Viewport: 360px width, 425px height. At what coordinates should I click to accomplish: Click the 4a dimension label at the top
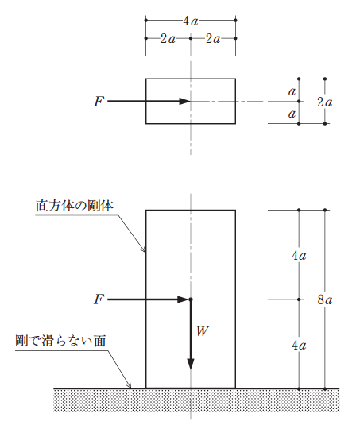point(191,21)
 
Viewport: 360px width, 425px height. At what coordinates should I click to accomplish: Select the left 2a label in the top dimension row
point(168,39)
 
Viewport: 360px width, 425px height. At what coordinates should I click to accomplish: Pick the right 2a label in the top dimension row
point(213,39)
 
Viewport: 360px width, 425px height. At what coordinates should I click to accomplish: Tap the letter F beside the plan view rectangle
point(99,102)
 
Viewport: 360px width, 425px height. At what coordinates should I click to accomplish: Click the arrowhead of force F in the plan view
point(185,102)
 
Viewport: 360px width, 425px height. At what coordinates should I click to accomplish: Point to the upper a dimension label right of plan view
point(292,91)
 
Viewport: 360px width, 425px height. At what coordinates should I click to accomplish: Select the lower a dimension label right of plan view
point(292,114)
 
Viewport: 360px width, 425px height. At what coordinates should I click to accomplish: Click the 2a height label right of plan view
point(325,102)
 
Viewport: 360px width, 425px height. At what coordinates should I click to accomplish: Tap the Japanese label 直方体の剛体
point(75,206)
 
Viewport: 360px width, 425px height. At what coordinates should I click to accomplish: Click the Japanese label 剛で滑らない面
point(60,341)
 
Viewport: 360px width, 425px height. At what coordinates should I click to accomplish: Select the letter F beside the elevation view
point(99,299)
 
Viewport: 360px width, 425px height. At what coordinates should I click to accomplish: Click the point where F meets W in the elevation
point(191,299)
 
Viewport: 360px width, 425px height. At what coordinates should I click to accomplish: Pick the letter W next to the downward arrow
point(203,331)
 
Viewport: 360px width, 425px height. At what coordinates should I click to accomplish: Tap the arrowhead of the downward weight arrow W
point(191,364)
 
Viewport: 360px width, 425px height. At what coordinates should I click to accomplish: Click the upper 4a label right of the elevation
point(299,256)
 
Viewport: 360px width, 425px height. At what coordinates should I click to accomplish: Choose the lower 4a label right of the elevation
point(299,346)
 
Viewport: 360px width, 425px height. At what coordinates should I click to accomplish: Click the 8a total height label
point(325,300)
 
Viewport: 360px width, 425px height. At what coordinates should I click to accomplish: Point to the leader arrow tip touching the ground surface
point(131,388)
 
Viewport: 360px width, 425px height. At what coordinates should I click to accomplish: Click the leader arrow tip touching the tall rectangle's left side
point(145,252)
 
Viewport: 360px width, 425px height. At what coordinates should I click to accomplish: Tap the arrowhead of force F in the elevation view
point(183,299)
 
